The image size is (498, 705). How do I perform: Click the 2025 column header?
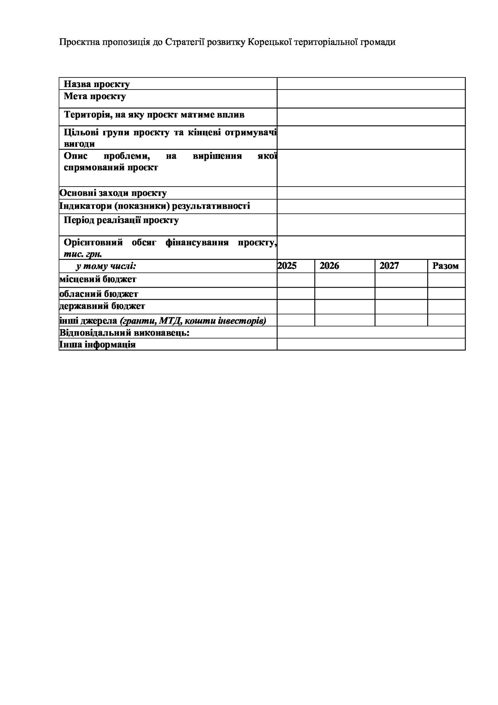287,266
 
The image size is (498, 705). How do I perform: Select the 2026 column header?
329,266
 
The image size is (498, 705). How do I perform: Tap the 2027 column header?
389,266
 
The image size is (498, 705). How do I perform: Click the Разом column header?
445,266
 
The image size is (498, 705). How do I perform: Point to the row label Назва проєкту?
97,84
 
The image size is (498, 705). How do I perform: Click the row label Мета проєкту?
95,96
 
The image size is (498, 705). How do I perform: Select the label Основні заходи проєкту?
113,193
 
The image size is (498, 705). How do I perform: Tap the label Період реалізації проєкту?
121,220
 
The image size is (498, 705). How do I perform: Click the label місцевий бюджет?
98,279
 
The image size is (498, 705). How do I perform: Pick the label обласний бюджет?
99,294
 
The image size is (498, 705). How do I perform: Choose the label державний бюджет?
102,306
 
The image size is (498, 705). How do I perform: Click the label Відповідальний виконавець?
124,333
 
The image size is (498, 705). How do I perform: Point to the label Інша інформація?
97,344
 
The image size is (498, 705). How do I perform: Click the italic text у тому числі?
106,266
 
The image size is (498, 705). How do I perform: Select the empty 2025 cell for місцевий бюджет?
296,280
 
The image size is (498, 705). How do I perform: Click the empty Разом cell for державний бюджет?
446,307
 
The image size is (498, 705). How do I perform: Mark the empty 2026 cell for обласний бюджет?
345,293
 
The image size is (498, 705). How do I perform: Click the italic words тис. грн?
83,254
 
